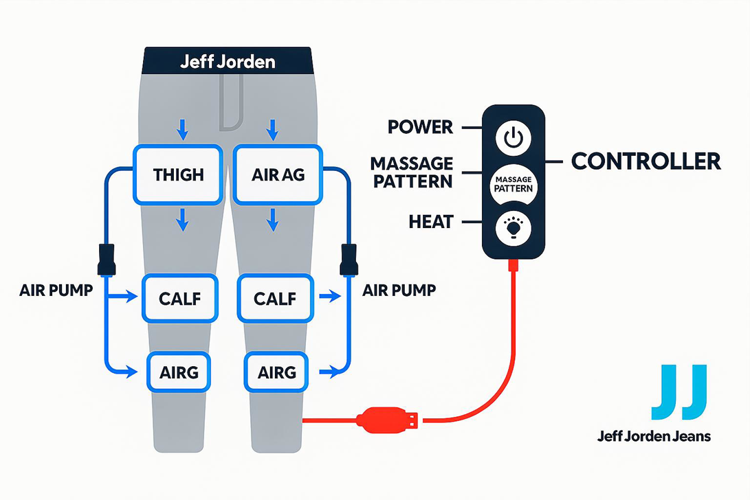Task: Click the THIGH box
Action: point(179,174)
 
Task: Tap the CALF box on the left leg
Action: point(179,299)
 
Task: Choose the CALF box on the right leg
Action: point(274,299)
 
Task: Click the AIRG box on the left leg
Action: point(179,372)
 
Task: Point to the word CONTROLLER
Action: point(646,161)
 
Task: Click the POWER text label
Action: point(420,127)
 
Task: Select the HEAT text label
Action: point(430,221)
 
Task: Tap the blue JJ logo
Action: point(679,393)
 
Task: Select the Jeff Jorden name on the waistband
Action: point(228,62)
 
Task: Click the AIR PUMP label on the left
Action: point(56,290)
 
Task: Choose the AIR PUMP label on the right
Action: point(399,290)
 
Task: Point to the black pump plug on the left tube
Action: point(106,259)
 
